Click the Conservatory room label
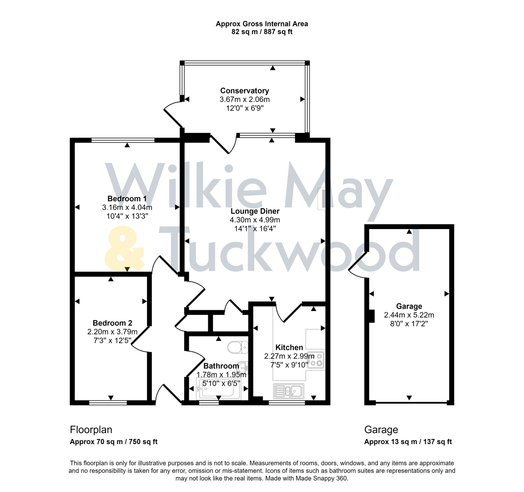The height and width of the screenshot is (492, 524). (244, 91)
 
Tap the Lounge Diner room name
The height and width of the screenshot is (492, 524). (255, 211)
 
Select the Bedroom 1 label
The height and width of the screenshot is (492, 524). (127, 199)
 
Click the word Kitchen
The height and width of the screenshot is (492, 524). (289, 348)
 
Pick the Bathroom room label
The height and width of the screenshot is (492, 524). (221, 366)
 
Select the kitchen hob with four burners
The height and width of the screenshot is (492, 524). (316, 360)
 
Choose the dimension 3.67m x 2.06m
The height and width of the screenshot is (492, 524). (244, 99)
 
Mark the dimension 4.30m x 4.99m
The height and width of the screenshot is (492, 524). (255, 220)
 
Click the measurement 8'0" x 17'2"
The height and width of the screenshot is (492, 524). (409, 323)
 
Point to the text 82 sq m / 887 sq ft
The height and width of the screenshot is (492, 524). (262, 32)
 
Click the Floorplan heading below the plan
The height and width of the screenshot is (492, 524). (91, 430)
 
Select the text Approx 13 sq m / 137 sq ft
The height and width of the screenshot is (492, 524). (408, 441)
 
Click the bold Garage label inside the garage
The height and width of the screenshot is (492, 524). (409, 307)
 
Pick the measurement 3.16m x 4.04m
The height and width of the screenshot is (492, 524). (127, 207)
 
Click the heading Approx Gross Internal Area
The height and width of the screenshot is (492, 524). (262, 24)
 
